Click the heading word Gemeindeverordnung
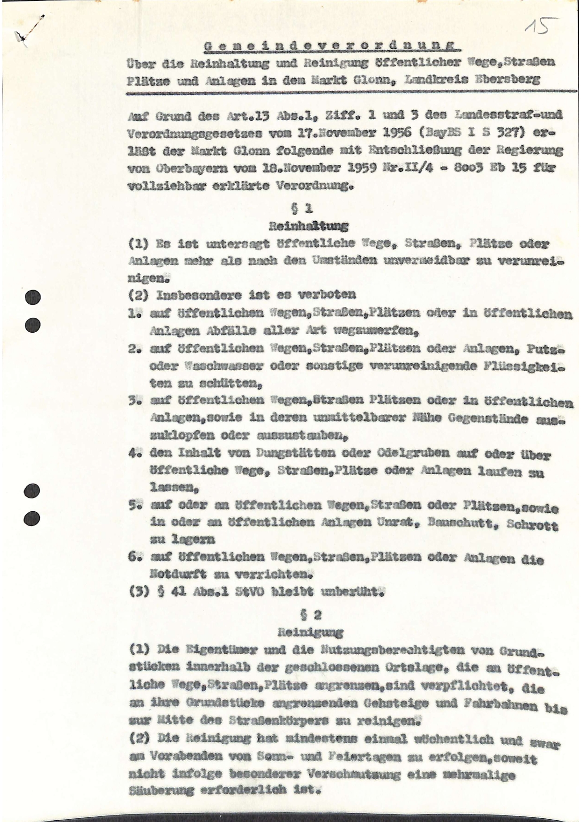pos(332,45)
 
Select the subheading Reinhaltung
pos(308,226)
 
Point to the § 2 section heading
pos(310,614)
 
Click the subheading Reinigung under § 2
pos(310,632)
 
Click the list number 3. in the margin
pos(135,401)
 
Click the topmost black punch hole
pos(32,297)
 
